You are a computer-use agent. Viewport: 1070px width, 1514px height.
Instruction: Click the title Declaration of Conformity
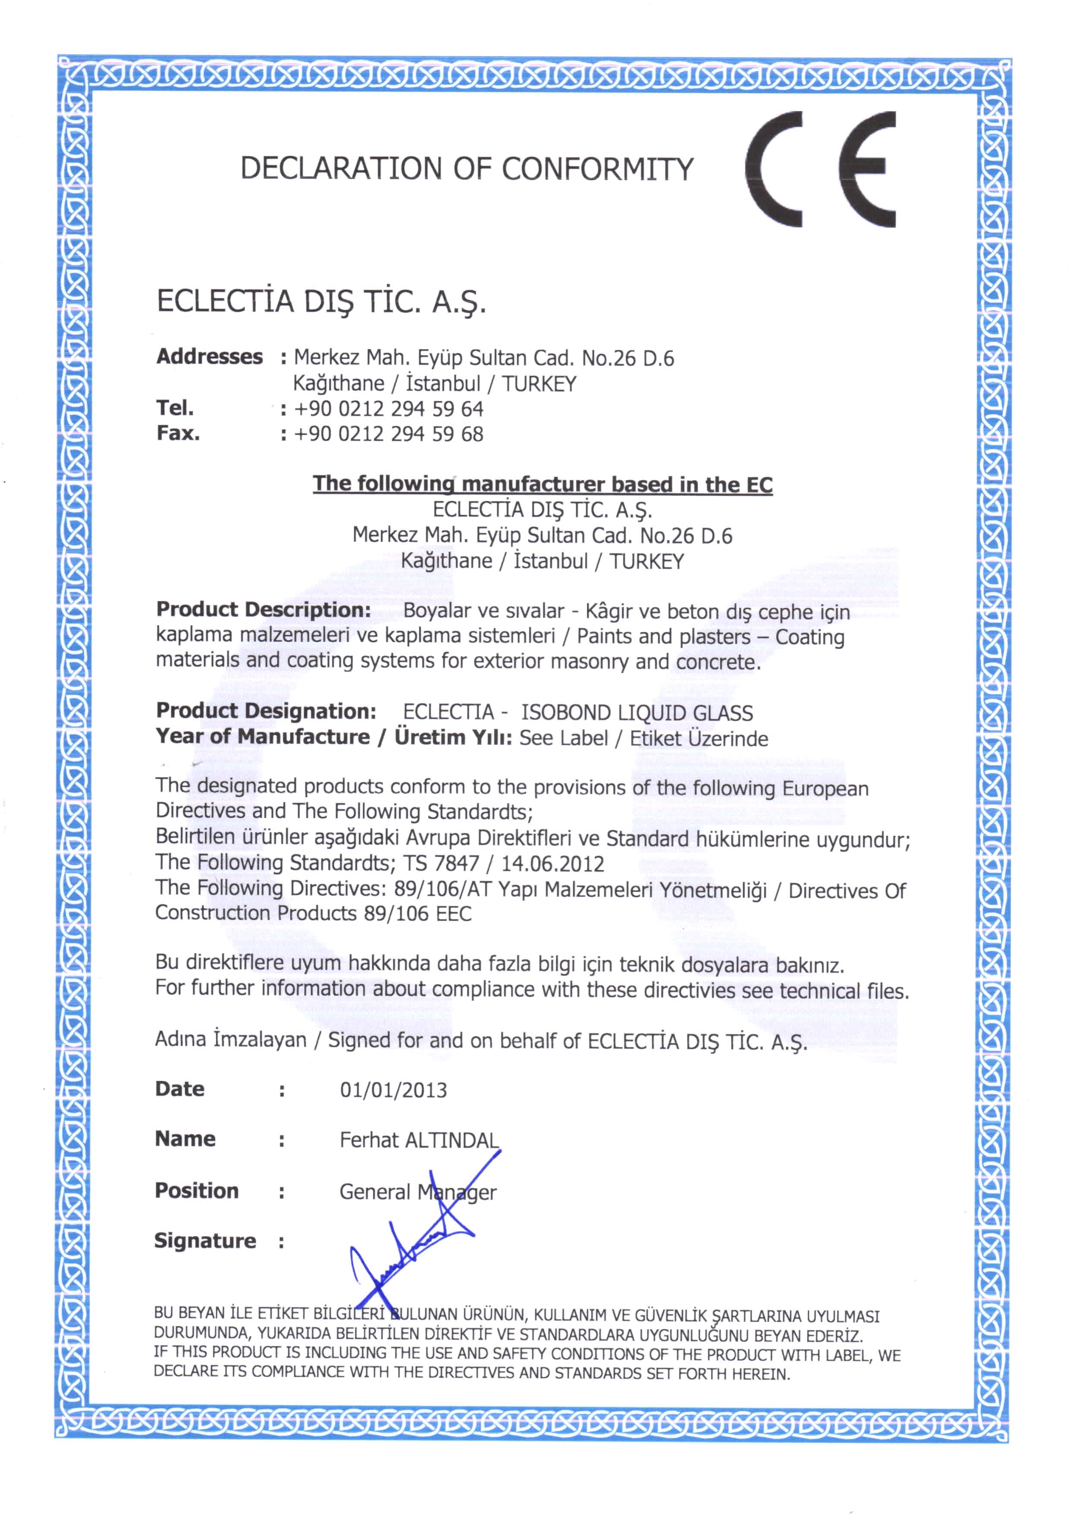point(466,169)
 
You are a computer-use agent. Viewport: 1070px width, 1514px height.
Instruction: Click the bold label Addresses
point(209,357)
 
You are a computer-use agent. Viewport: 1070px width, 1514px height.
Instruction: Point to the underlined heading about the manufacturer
point(542,484)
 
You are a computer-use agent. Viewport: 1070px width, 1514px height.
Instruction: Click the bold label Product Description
point(263,609)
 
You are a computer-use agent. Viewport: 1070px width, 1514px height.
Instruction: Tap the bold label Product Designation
point(266,711)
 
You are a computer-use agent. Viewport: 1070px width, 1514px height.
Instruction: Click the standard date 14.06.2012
point(552,864)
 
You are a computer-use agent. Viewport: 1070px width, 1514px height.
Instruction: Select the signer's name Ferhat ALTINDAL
point(419,1140)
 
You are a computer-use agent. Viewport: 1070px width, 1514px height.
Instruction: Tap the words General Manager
point(417,1192)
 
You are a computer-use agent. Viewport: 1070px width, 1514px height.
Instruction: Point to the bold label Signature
point(204,1241)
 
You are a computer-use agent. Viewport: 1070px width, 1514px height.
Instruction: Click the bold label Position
point(197,1191)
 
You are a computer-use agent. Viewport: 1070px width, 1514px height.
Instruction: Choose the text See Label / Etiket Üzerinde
point(643,739)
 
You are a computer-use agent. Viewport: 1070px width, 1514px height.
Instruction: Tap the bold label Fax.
point(178,433)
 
